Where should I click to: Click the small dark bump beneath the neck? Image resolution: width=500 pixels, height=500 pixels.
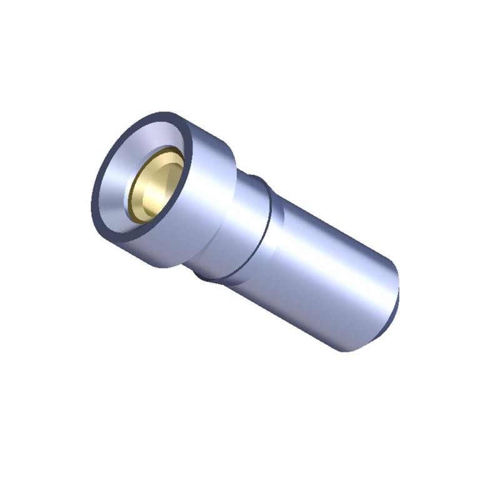click(x=203, y=276)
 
